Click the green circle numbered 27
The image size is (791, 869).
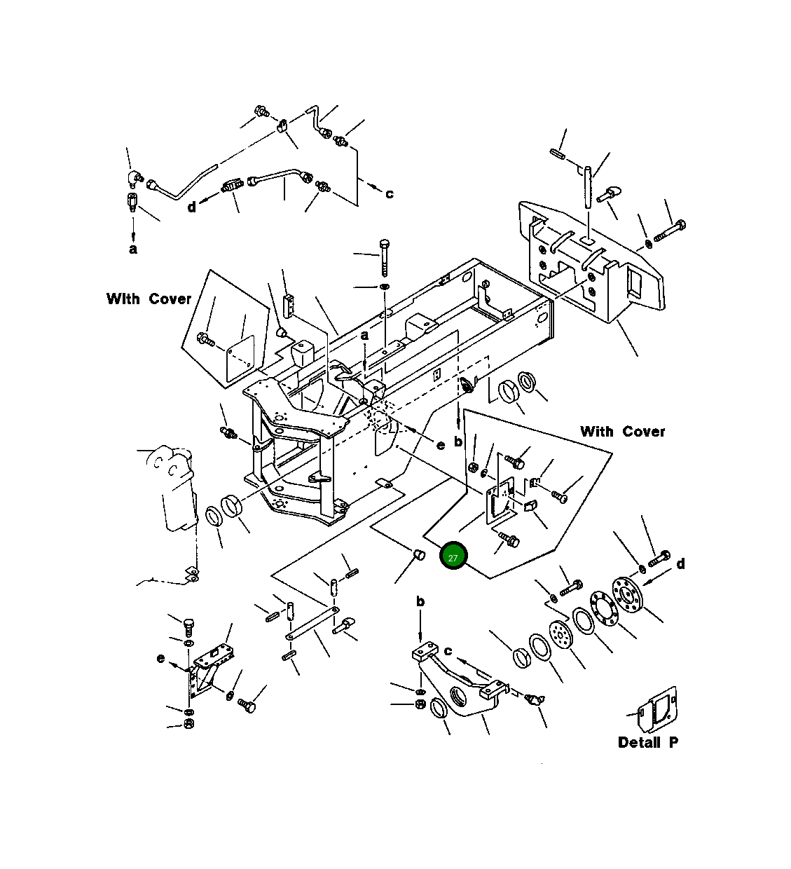pos(453,556)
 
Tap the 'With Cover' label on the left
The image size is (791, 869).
pos(149,299)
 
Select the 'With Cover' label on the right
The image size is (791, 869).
pos(622,432)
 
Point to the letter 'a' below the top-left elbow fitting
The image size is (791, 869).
pos(133,249)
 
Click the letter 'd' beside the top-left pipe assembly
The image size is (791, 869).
pos(191,207)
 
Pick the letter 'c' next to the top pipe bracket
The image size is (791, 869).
pos(390,194)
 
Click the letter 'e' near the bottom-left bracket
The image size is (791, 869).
pos(160,659)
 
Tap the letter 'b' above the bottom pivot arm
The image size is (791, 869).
pos(420,601)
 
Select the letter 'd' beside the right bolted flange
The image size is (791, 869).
pos(680,564)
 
